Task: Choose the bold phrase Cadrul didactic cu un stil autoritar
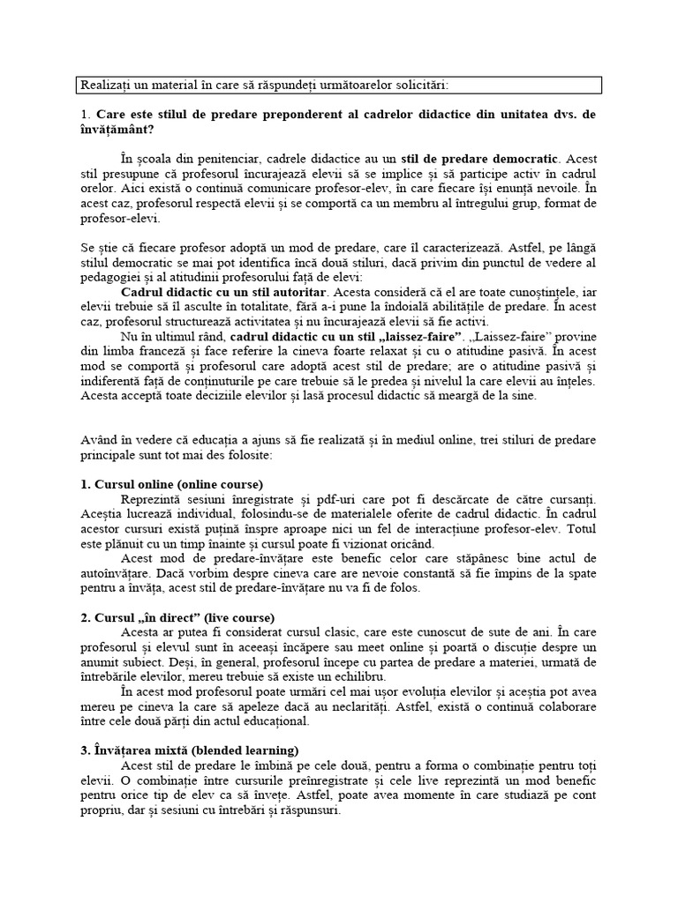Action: pos(223,292)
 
